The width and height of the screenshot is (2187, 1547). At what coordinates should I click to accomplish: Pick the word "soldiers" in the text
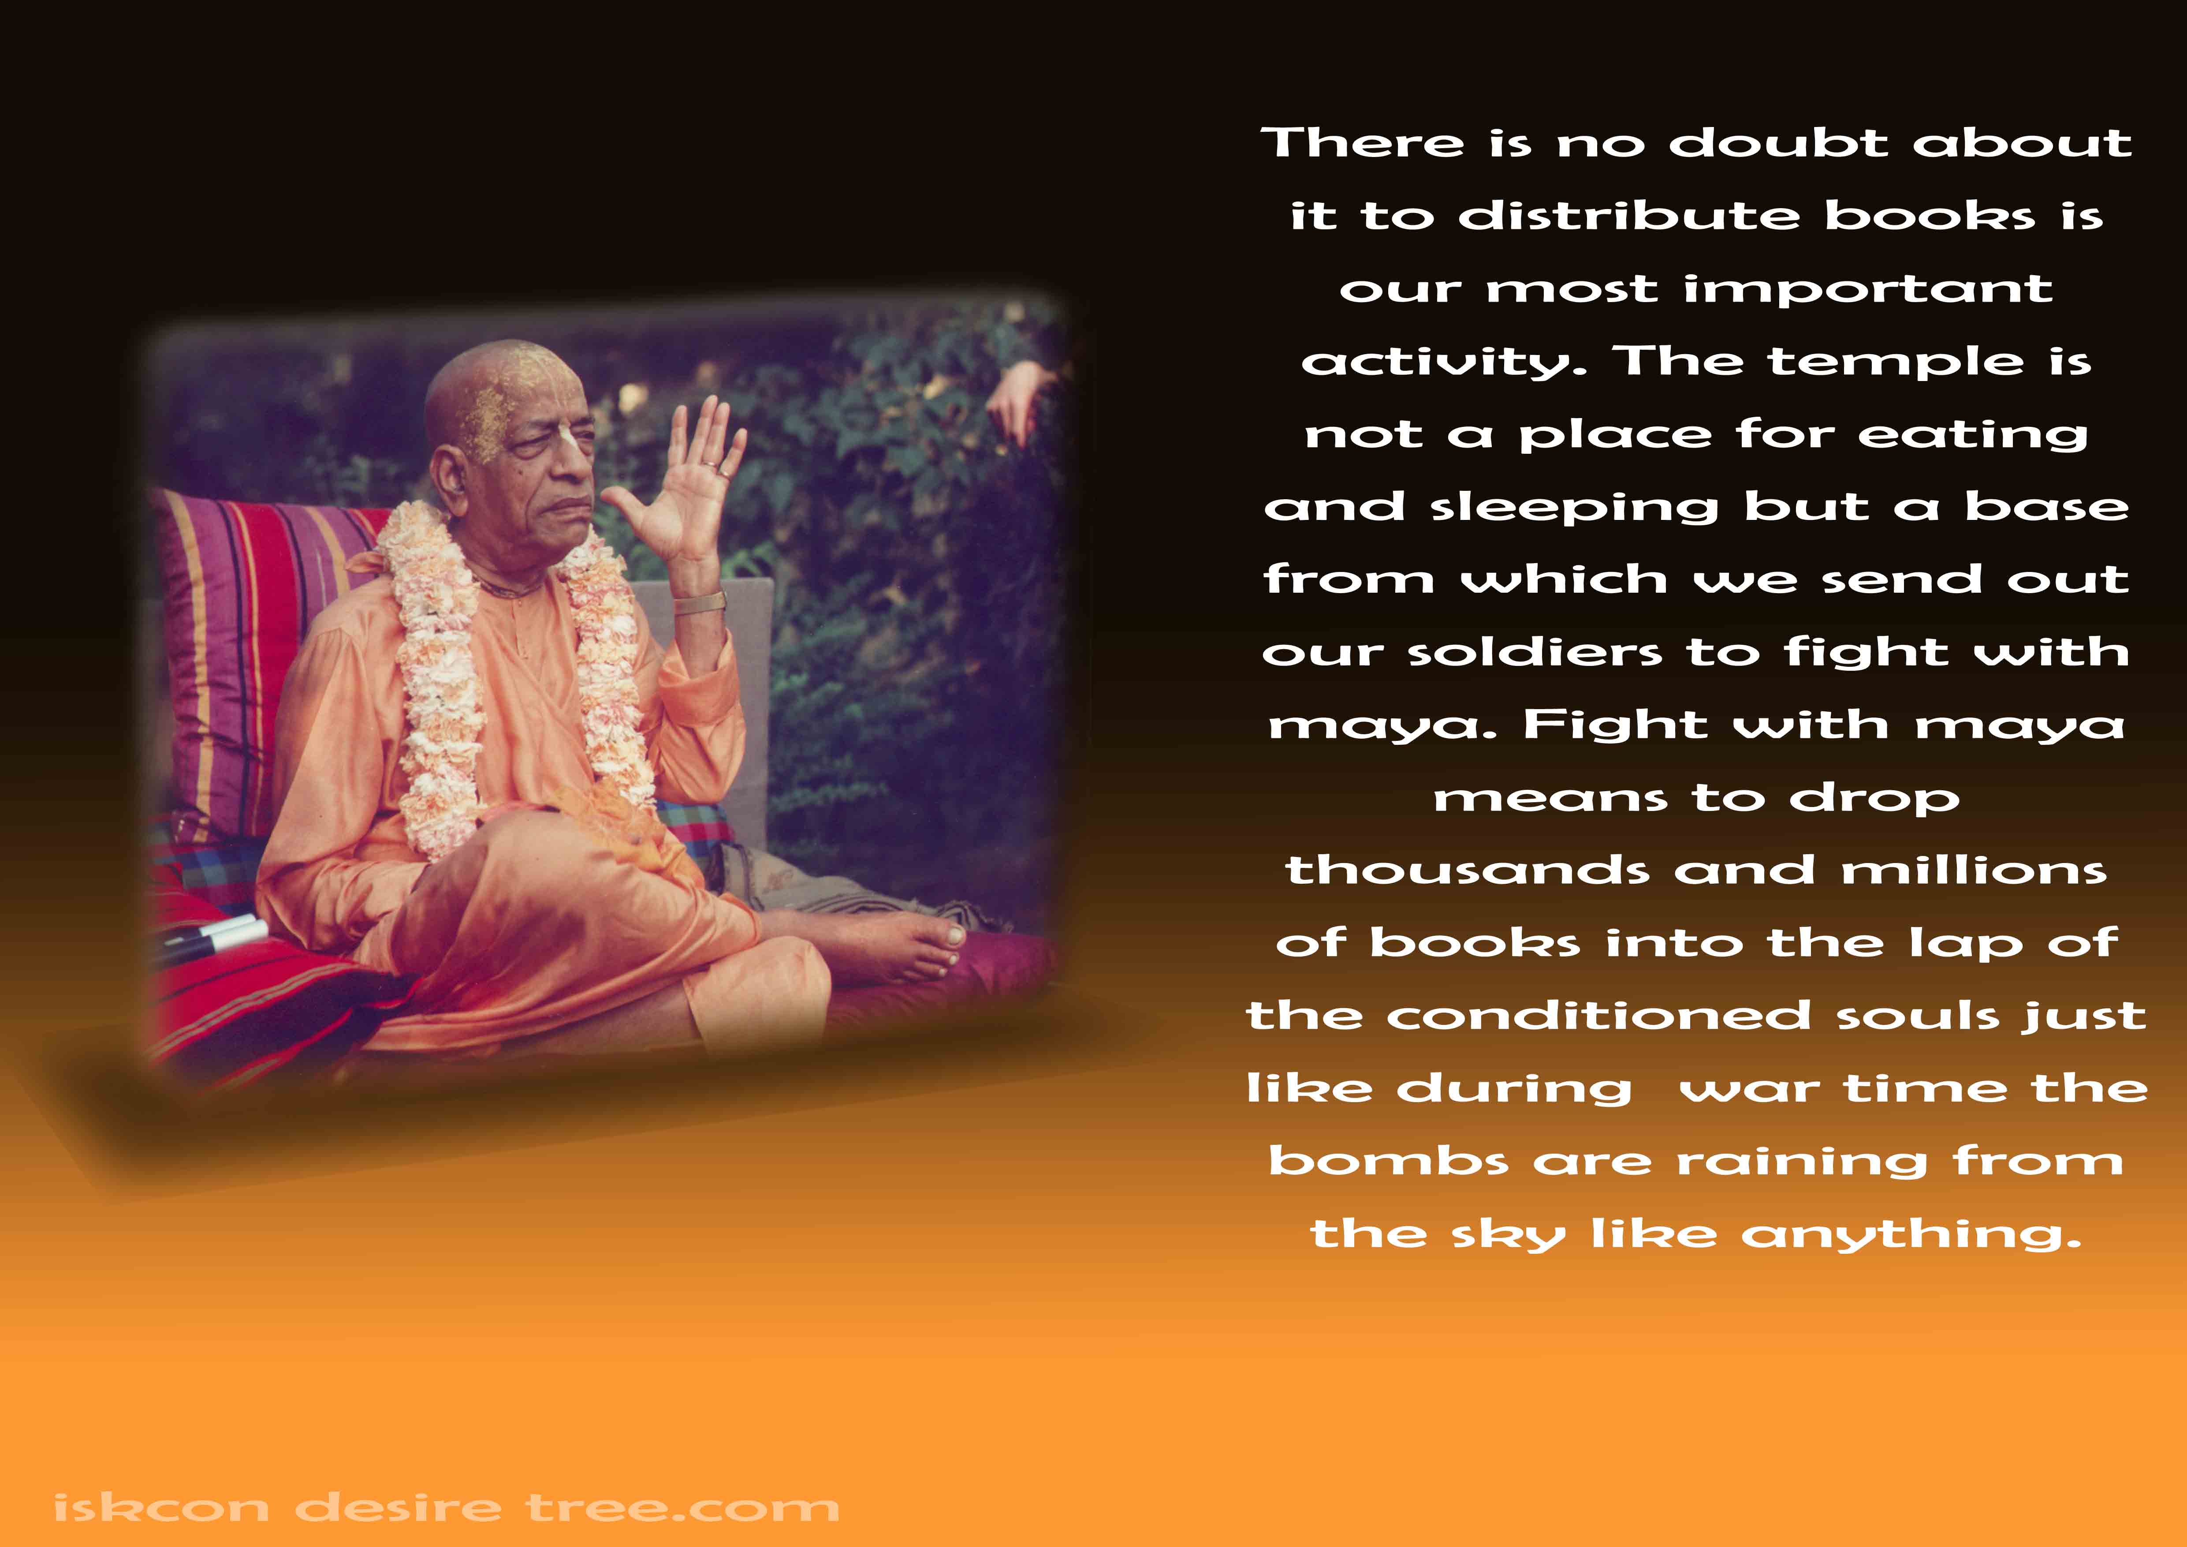1535,653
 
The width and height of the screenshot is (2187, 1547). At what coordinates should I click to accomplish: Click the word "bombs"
1389,1161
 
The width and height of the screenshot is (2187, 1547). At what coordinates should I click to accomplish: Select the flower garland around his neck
505,667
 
